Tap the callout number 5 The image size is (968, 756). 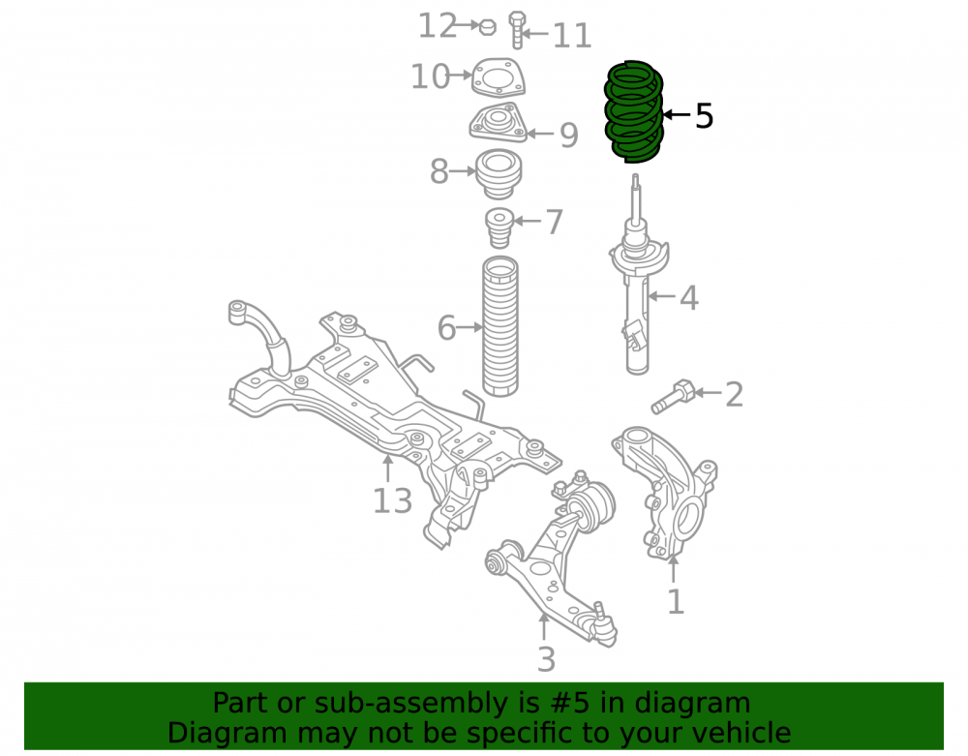click(704, 115)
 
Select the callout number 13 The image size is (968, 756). click(393, 500)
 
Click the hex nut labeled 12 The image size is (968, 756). click(488, 26)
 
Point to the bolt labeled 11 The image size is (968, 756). click(517, 30)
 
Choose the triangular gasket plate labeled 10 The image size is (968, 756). click(499, 77)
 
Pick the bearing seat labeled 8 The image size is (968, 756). click(499, 174)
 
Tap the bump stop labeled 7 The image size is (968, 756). click(499, 227)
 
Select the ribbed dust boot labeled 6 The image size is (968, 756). click(500, 326)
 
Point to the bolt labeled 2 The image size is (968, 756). click(673, 396)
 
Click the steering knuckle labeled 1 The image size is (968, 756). click(664, 491)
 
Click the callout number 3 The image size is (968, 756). click(546, 659)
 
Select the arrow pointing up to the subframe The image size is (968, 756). click(388, 468)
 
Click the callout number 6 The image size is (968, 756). click(446, 328)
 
